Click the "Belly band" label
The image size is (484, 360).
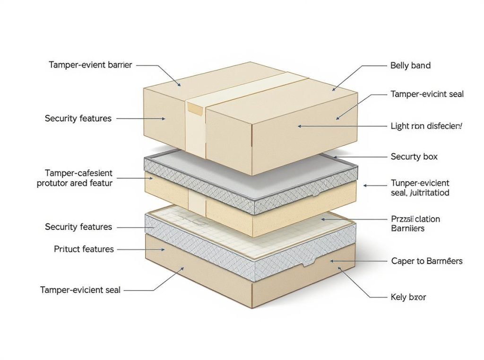410,66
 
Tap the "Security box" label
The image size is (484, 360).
414,157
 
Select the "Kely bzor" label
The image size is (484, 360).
408,298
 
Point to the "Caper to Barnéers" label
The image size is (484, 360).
426,261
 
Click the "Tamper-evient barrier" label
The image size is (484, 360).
90,65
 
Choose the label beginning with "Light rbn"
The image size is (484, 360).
427,126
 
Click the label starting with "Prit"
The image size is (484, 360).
83,249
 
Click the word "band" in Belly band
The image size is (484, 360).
421,66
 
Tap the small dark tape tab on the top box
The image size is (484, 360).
195,108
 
